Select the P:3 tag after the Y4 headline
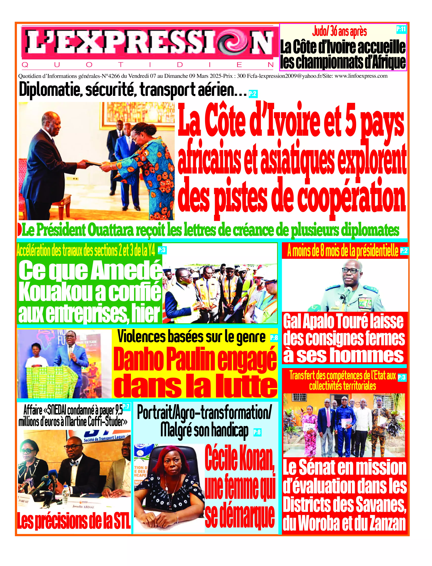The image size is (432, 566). click(x=162, y=250)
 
